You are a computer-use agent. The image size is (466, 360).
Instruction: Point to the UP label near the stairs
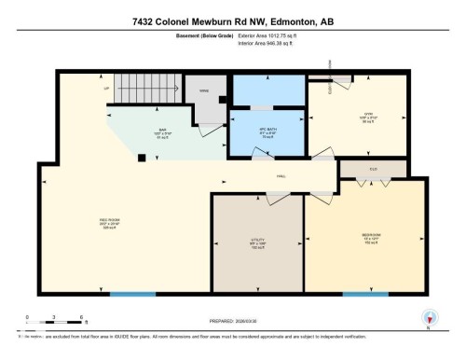107,90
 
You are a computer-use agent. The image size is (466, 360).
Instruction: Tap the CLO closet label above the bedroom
373,168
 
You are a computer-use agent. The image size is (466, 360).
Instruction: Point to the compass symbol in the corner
429,318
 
